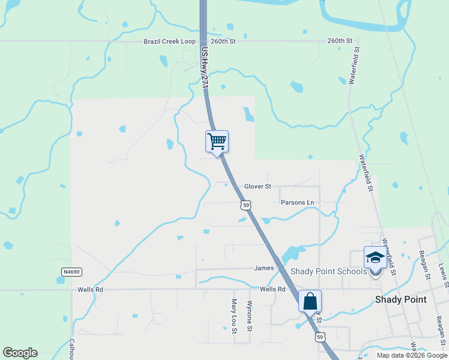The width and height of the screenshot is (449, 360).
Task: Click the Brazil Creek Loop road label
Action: tap(170, 41)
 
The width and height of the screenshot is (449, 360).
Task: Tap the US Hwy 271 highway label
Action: tap(204, 68)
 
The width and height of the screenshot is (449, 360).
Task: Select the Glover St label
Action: tap(258, 187)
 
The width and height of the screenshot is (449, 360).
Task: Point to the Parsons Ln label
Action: tap(297, 203)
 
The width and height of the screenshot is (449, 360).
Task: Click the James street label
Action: tap(264, 268)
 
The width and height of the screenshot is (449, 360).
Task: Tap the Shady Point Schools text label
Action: tap(328, 271)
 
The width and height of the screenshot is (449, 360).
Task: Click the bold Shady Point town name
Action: tap(400, 299)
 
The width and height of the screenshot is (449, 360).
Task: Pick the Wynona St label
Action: tap(250, 316)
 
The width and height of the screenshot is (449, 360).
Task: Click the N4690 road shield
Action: tap(71, 272)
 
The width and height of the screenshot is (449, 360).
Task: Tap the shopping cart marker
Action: tap(217, 142)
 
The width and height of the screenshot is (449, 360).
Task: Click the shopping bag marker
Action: tap(310, 301)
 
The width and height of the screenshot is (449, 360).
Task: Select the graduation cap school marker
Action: tap(375, 258)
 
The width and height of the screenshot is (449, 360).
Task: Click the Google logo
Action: tap(20, 353)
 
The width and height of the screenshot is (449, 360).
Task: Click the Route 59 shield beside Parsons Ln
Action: tap(245, 205)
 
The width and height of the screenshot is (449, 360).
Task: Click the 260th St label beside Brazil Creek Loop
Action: tap(223, 41)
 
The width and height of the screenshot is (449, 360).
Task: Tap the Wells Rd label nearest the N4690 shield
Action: tap(91, 290)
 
